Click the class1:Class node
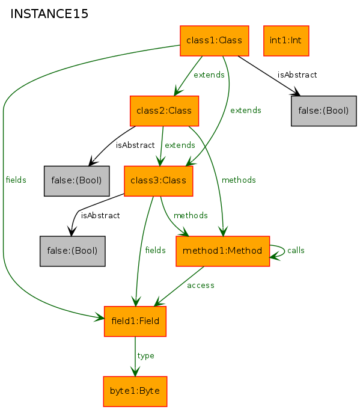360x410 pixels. tap(214, 41)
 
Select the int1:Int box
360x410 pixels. tap(286, 41)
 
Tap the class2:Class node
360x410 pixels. tap(164, 111)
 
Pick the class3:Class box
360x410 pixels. tap(158, 181)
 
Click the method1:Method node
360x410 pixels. tap(222, 251)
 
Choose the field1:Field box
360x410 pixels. tap(135, 322)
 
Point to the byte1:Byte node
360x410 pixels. tap(135, 391)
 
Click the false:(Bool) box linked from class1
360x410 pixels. tap(324, 111)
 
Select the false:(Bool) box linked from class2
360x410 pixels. tap(76, 181)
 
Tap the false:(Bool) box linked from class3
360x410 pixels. tap(72, 251)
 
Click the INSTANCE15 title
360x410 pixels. tap(49, 14)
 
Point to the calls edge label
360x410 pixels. tap(296, 251)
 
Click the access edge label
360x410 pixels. tap(201, 286)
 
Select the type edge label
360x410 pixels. tap(145, 356)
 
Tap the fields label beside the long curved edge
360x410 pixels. tap(16, 180)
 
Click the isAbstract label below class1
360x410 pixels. tap(297, 75)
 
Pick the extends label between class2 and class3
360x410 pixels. tap(180, 145)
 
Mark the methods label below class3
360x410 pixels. tap(191, 215)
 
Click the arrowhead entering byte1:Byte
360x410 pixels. tap(135, 372)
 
